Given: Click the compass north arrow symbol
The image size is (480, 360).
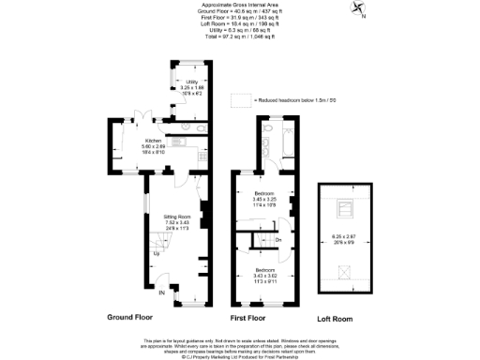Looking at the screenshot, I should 359,10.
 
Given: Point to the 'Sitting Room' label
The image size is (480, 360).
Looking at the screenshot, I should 178,215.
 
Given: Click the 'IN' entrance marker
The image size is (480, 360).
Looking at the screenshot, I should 161,294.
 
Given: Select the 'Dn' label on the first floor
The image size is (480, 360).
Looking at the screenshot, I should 278,240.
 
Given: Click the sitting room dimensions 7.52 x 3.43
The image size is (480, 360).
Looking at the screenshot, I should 178,222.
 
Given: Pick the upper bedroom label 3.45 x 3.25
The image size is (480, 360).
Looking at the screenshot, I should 265,200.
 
